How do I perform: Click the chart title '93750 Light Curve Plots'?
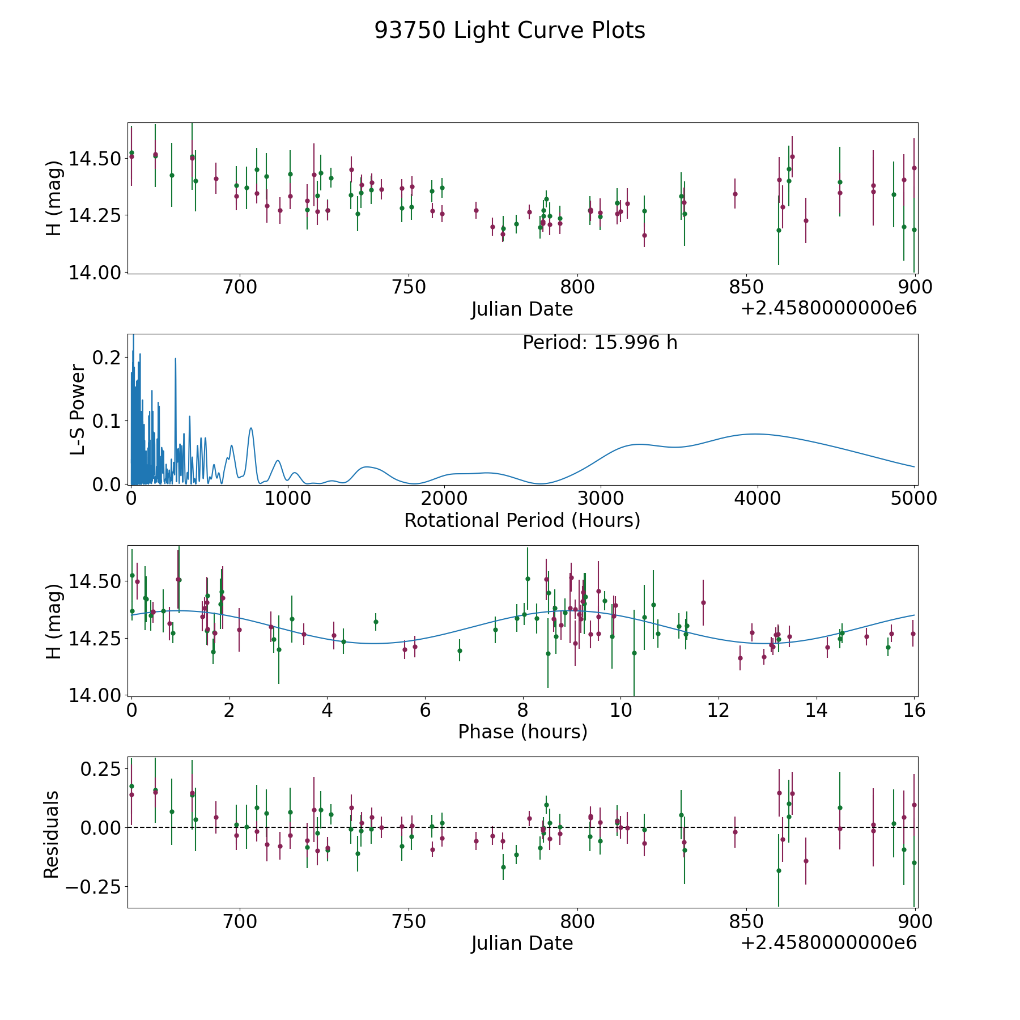click(509, 31)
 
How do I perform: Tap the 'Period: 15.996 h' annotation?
click(600, 343)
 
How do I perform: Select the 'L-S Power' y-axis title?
click(78, 409)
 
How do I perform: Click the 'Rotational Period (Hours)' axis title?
click(522, 520)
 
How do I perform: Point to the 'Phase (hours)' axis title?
click(522, 732)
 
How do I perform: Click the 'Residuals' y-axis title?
click(52, 834)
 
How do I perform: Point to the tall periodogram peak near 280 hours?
click(175, 358)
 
